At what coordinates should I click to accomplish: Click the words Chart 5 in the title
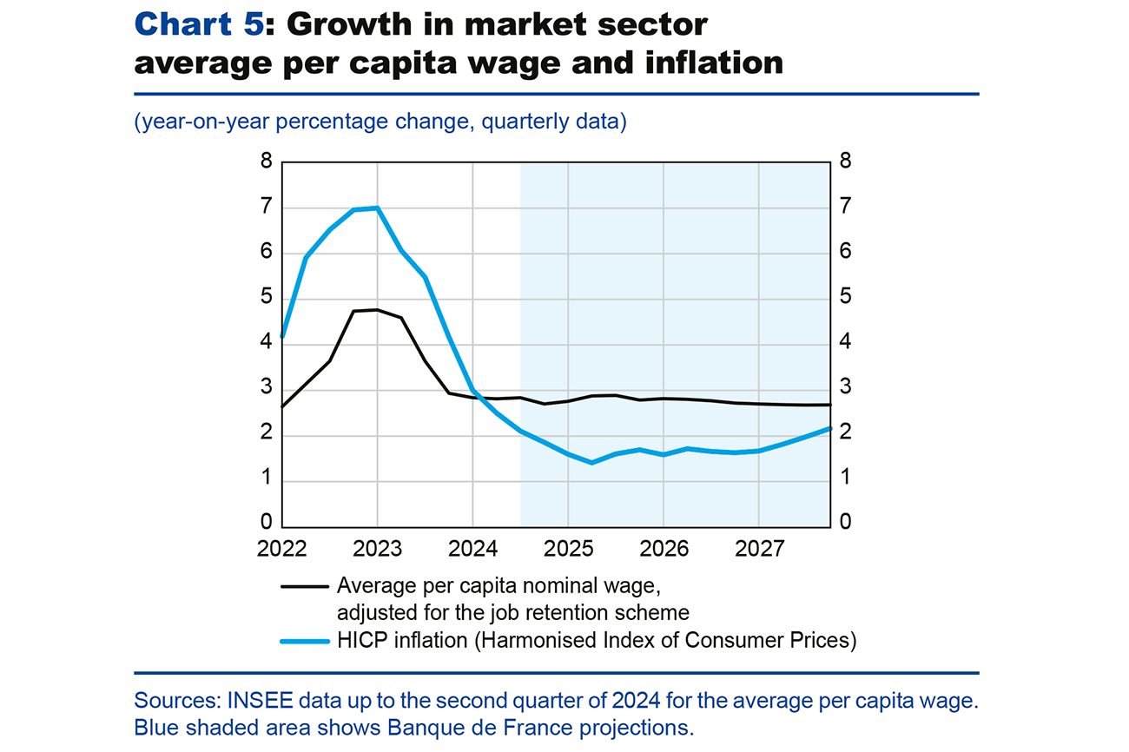197,25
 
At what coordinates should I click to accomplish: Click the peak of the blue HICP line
377,208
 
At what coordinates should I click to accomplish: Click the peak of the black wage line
377,310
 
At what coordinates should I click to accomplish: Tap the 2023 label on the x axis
377,550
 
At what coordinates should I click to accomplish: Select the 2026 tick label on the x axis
664,550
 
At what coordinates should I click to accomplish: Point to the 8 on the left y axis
266,162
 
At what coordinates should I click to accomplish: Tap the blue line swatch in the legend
304,642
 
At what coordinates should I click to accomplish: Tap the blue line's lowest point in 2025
591,463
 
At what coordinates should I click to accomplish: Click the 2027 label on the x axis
759,550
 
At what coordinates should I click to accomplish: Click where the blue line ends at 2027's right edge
830,428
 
